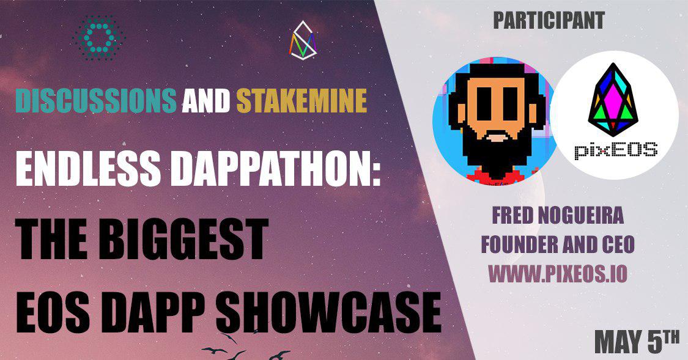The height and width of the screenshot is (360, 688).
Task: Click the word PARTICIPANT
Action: point(549,21)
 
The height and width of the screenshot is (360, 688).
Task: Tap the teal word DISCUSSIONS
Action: point(96,100)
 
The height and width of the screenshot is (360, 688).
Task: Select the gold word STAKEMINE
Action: point(302,100)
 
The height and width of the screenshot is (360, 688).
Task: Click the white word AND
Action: point(206,100)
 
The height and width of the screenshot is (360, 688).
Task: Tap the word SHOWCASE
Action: point(328,313)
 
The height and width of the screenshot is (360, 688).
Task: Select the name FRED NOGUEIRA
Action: point(557,216)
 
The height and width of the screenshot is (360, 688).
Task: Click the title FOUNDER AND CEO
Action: point(558,244)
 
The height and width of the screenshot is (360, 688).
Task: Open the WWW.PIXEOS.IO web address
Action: point(558,274)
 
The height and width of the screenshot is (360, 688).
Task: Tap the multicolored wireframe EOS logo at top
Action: point(303,40)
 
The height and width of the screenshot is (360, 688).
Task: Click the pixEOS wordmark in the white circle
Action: point(616,150)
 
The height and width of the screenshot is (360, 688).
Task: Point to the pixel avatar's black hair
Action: point(497,72)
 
